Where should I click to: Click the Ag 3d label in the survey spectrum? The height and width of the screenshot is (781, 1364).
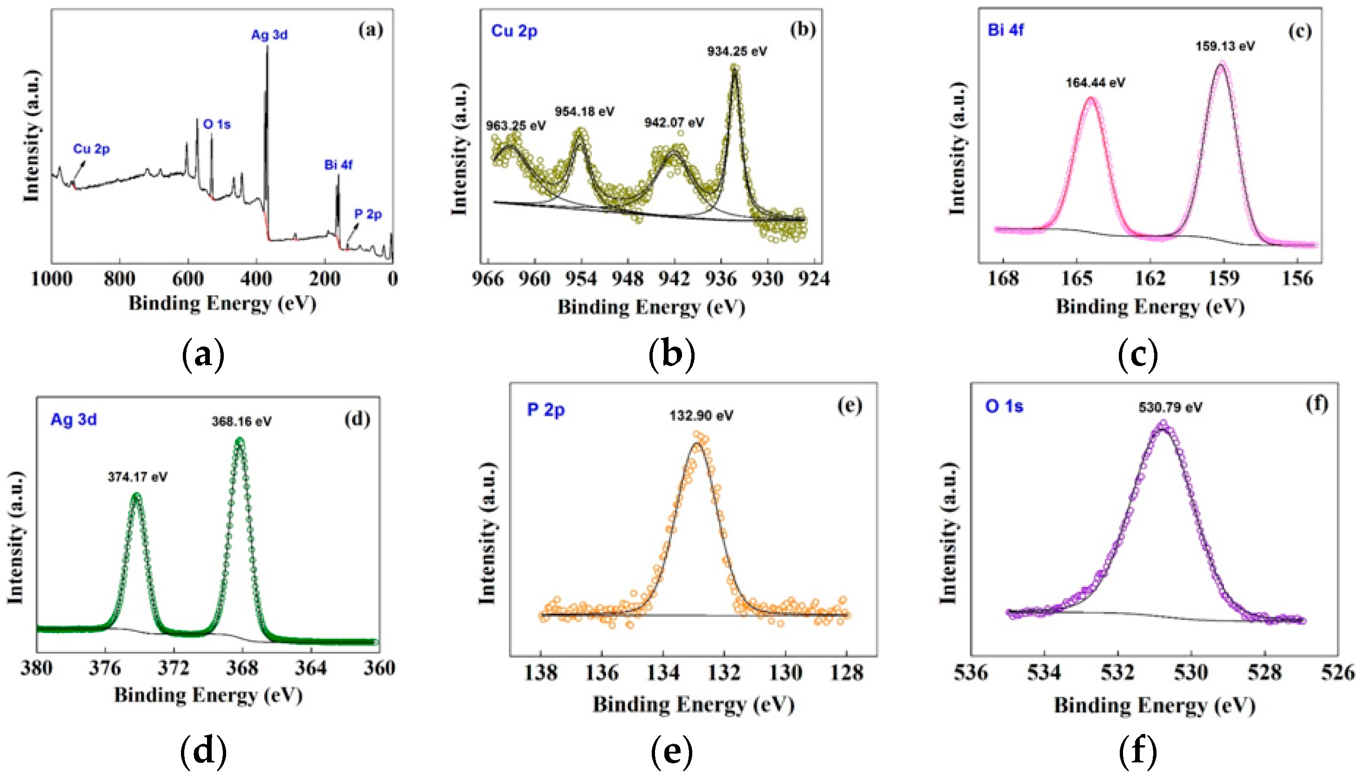[269, 35]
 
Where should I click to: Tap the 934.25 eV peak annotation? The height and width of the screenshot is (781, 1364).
[737, 52]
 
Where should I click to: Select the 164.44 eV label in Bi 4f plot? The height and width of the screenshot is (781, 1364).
[1095, 83]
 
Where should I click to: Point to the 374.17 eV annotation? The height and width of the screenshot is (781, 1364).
[137, 477]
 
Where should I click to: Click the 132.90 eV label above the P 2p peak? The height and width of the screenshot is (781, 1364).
[701, 416]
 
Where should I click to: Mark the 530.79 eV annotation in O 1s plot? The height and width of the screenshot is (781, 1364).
[1170, 407]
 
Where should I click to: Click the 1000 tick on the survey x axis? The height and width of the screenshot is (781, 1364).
[52, 279]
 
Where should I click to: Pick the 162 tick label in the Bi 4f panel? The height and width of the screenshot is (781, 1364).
[1150, 279]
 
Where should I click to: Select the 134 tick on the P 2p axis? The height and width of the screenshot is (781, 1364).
[663, 673]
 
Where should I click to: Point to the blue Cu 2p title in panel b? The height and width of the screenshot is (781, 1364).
[514, 31]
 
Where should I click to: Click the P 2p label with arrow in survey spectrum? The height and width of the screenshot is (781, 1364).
[368, 214]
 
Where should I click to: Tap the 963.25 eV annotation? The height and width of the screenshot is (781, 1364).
[515, 126]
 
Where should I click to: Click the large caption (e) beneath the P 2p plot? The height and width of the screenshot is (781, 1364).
[672, 752]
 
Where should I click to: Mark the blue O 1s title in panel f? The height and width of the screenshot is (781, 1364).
[1004, 407]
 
